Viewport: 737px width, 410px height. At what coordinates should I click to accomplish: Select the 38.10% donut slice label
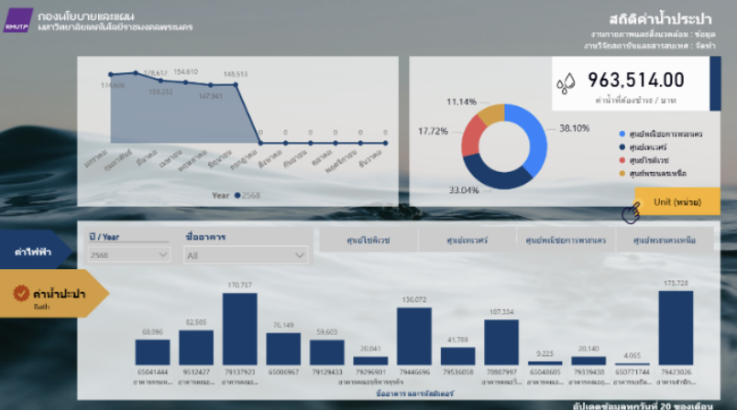click(x=574, y=128)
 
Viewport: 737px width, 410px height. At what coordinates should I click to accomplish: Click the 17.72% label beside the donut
click(x=433, y=131)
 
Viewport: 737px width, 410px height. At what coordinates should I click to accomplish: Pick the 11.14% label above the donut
click(x=462, y=101)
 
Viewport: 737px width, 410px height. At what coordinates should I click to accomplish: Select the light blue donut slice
click(x=530, y=137)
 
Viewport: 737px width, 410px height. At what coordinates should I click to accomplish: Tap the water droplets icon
click(x=566, y=84)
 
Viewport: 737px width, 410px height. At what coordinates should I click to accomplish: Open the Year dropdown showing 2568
click(x=128, y=255)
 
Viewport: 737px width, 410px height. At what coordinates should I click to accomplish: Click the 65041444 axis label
click(x=152, y=372)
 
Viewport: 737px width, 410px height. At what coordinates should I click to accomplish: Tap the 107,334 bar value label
click(x=501, y=312)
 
